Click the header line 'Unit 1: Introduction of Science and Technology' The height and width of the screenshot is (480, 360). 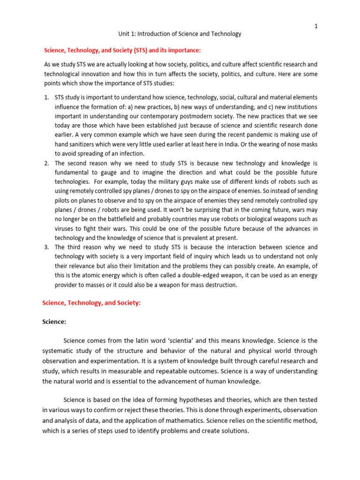click(180, 34)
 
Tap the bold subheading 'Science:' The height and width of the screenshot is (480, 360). click(54, 322)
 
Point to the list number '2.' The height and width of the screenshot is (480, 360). click(47, 163)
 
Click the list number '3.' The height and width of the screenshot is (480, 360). click(47, 247)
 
